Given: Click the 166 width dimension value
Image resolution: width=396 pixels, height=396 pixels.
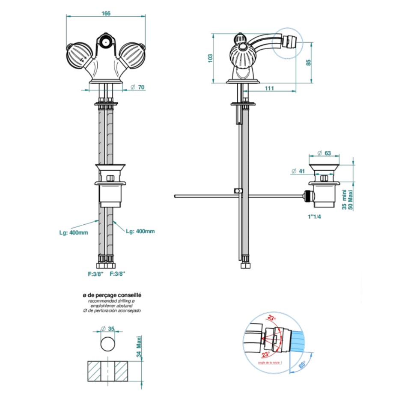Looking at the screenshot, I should click(x=106, y=13).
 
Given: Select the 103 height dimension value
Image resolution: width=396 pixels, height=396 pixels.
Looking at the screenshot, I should click(x=210, y=58).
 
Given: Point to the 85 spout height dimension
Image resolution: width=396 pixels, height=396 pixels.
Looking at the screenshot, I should click(x=309, y=62).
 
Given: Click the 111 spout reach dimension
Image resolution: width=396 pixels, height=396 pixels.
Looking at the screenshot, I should click(x=269, y=88).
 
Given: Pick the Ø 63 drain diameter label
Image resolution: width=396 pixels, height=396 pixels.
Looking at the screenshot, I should click(x=325, y=153).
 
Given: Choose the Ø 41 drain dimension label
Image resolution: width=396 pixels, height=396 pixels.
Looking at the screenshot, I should click(x=298, y=171).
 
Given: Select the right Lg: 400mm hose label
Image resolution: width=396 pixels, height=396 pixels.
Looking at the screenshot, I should click(x=140, y=231).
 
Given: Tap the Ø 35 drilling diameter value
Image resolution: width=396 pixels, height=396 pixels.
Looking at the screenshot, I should click(x=108, y=329).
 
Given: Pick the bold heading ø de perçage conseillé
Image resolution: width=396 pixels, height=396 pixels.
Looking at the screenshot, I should click(x=112, y=295).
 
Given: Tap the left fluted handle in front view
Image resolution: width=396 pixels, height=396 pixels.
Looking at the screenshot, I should click(x=79, y=54).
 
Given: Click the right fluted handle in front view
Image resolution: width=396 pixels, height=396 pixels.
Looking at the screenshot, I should click(x=131, y=54).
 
